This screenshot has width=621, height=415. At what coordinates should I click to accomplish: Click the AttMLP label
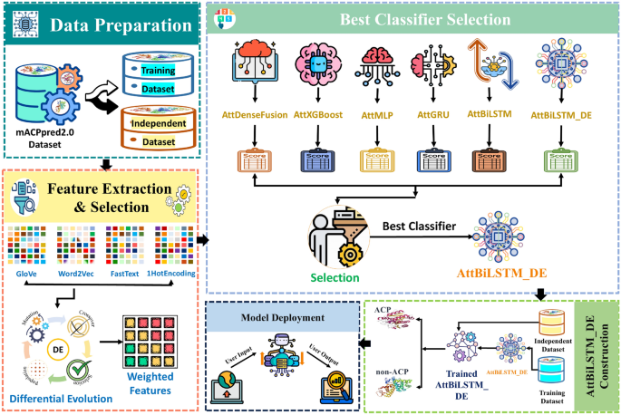click(x=382, y=115)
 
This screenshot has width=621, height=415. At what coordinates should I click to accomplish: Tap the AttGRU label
click(x=433, y=115)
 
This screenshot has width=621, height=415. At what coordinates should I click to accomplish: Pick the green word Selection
click(x=335, y=276)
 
